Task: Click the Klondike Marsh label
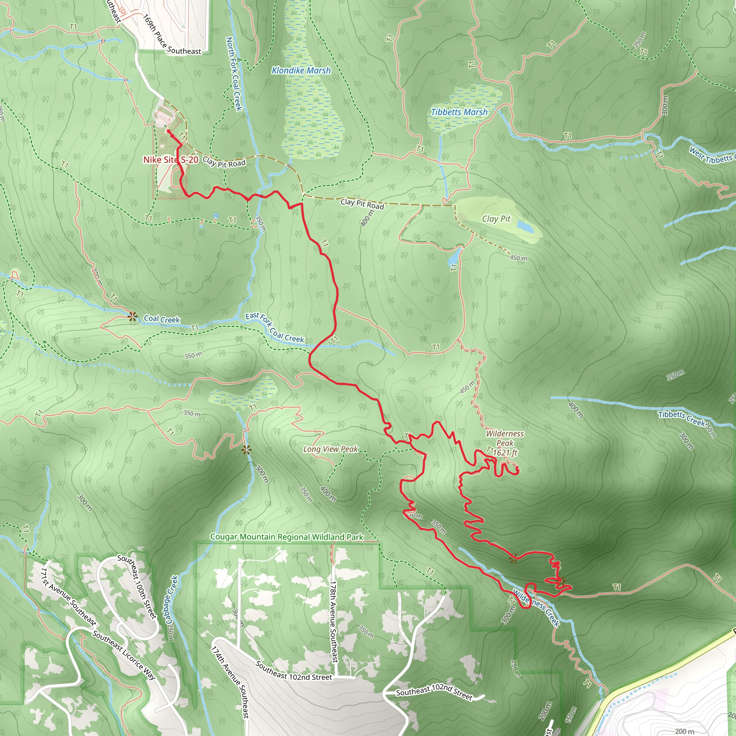click(301, 70)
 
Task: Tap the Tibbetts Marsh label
click(459, 112)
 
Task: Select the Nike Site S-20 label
click(170, 160)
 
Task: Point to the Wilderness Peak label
click(505, 438)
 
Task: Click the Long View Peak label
click(330, 449)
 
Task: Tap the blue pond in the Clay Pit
click(525, 226)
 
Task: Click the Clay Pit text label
click(496, 218)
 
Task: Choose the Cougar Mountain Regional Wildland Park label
click(287, 537)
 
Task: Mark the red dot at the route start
click(169, 132)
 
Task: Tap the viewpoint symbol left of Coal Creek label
click(133, 317)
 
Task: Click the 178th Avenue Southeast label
click(333, 621)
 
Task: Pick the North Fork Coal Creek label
click(234, 74)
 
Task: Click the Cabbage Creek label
click(172, 600)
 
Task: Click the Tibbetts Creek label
click(682, 418)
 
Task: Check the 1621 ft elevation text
click(505, 452)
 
